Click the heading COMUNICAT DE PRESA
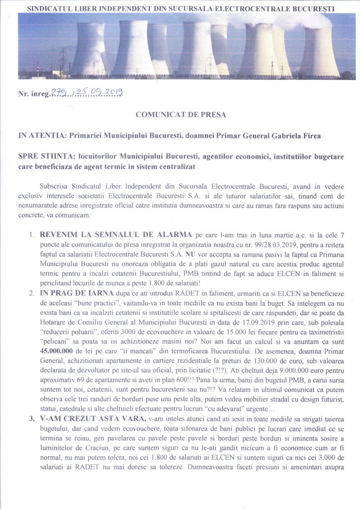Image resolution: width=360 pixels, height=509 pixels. tap(180, 115)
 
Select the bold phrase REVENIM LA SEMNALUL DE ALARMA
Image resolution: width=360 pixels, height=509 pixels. tap(113, 233)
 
